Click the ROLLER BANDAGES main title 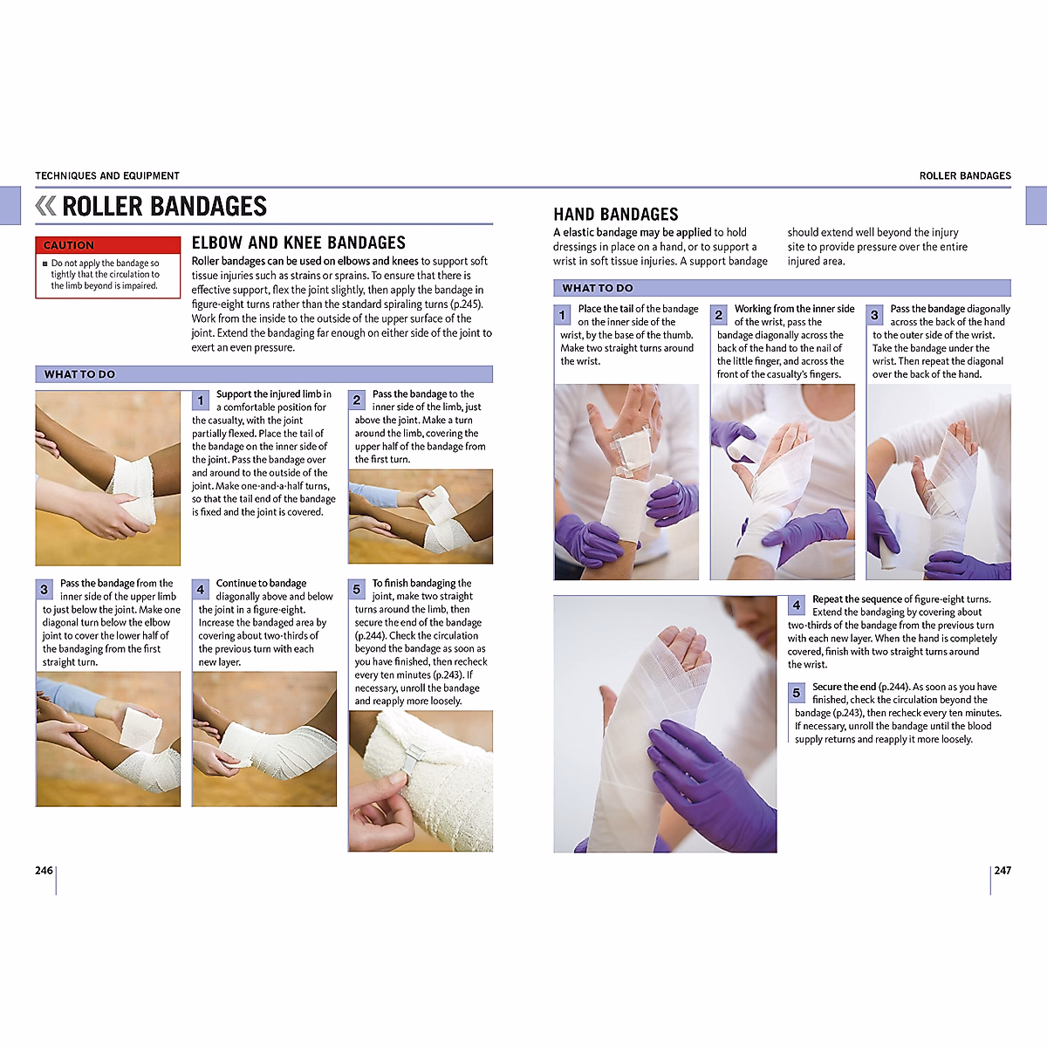click(x=164, y=207)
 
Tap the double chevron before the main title click(x=45, y=207)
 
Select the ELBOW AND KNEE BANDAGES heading click(x=298, y=243)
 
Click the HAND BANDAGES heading click(x=615, y=214)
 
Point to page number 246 click(x=44, y=870)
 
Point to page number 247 click(x=1003, y=870)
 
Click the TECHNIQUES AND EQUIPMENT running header click(x=107, y=175)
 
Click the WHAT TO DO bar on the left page click(x=263, y=374)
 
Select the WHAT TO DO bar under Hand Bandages click(x=781, y=288)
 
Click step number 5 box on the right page click(x=796, y=693)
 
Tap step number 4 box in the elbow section click(x=201, y=590)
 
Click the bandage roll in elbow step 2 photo click(x=438, y=504)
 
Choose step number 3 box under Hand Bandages click(x=874, y=315)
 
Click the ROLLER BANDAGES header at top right click(x=964, y=175)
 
